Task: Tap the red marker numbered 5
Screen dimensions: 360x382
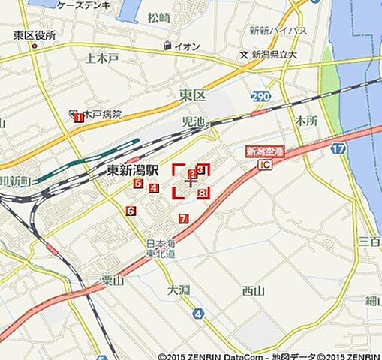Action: (138, 183)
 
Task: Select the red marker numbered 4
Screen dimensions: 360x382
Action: (153, 188)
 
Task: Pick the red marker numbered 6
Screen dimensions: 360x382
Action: (131, 211)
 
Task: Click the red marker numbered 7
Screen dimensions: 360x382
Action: (183, 219)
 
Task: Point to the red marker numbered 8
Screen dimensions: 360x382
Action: (203, 193)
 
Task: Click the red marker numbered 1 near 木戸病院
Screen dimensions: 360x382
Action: (77, 117)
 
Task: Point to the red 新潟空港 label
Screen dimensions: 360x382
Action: (264, 151)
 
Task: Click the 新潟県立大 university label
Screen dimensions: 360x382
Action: (275, 55)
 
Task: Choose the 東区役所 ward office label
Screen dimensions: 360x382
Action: (35, 35)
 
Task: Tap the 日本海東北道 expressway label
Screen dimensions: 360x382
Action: (160, 249)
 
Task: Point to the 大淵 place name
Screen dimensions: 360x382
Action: (179, 289)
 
